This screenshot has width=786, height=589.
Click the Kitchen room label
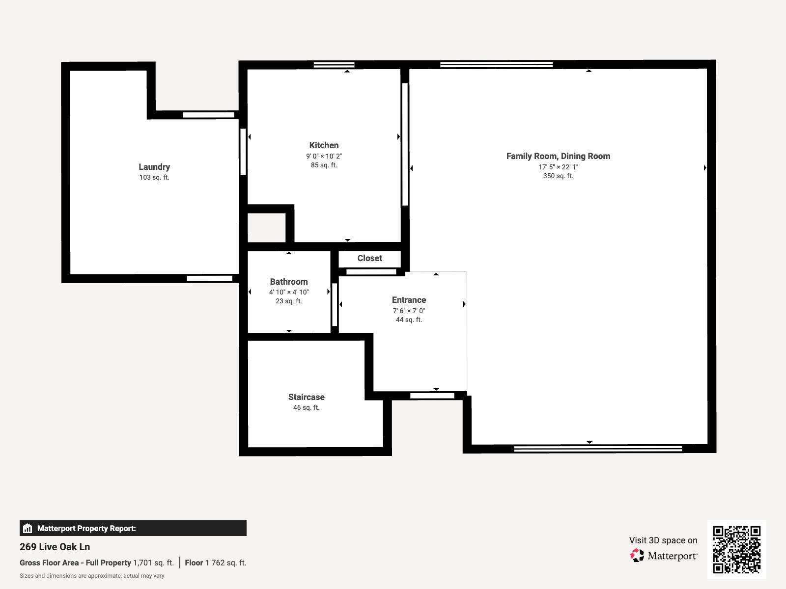pos(324,145)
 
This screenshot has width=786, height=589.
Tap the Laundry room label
pos(154,167)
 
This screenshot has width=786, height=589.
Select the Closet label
pos(369,258)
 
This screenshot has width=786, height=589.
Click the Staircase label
pos(306,397)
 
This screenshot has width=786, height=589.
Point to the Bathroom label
pos(289,282)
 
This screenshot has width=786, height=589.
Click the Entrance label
pos(409,300)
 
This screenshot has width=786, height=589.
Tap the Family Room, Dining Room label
pos(558,156)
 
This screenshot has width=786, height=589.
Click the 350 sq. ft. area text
pos(558,176)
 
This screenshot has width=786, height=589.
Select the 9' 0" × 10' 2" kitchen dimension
pos(324,156)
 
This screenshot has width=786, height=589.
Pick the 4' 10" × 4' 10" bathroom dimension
pos(289,292)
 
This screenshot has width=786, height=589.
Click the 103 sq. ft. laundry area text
pos(154,177)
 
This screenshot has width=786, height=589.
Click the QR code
pos(736,549)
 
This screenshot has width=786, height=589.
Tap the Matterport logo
pos(663,556)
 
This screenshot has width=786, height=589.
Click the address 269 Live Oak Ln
pos(55,547)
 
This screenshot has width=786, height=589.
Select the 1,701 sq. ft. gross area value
pos(153,562)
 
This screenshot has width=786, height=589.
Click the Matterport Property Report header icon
pos(28,528)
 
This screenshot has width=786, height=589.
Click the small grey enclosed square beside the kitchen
pos(266,228)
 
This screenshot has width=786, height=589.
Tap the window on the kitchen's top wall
pos(334,65)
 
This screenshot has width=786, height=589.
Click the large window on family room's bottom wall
pos(597,449)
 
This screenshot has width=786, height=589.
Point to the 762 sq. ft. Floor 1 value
pos(228,562)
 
